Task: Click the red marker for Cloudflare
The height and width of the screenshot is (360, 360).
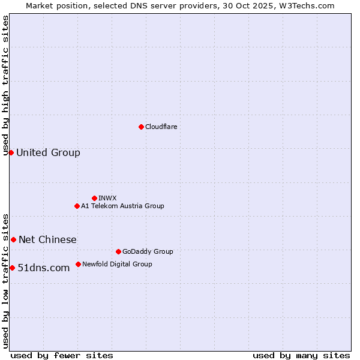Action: [x=141, y=127]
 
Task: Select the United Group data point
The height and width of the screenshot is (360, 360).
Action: [x=11, y=152]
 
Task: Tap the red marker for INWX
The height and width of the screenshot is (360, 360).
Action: [x=94, y=198]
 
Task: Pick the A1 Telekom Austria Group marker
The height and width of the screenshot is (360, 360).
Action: [x=77, y=206]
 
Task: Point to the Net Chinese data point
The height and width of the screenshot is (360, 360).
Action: [x=13, y=239]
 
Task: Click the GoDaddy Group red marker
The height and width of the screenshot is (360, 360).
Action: [x=118, y=251]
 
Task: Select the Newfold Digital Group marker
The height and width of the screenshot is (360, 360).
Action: [x=78, y=264]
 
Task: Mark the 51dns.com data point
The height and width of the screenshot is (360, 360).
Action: [x=12, y=268]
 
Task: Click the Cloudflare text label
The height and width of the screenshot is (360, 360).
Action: [x=161, y=127]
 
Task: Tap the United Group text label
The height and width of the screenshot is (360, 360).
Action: [x=48, y=152]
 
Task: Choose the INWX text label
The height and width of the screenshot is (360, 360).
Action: [x=107, y=198]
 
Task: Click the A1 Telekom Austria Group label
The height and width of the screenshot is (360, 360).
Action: [x=122, y=206]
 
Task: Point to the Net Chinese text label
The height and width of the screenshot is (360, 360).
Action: [x=47, y=239]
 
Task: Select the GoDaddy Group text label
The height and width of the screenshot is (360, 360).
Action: [x=148, y=251]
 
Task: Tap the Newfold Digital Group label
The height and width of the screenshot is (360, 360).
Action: [x=117, y=264]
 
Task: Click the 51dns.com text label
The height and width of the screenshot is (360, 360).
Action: [x=44, y=268]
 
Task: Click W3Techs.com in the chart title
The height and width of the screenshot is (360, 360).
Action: [x=310, y=5]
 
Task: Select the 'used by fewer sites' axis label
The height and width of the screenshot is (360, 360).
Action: [x=62, y=355]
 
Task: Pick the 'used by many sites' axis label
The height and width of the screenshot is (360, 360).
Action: [x=301, y=355]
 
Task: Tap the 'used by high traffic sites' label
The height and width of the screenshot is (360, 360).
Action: [x=5, y=85]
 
